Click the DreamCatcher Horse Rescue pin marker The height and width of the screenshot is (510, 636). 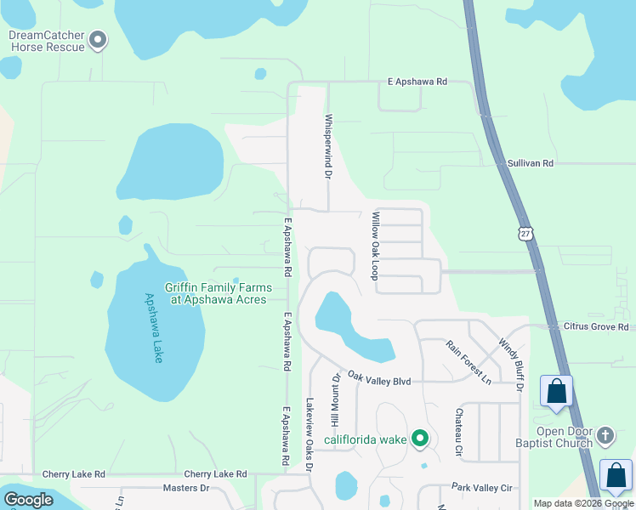[x=98, y=39]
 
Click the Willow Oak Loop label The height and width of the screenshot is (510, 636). [x=373, y=246]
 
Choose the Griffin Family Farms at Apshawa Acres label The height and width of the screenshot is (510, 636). [x=216, y=293]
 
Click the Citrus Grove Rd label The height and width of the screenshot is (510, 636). [x=595, y=326]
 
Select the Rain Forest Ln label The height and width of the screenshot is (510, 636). [x=469, y=360]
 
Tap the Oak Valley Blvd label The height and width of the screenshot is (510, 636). [x=379, y=381]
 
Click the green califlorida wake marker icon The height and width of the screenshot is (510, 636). [x=419, y=439]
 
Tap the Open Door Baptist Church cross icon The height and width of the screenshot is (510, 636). [x=605, y=435]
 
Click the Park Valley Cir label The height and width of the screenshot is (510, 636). [x=482, y=487]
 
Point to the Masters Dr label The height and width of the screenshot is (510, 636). [x=185, y=487]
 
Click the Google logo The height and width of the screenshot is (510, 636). [x=28, y=500]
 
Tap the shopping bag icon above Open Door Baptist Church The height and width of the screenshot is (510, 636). [x=556, y=392]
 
